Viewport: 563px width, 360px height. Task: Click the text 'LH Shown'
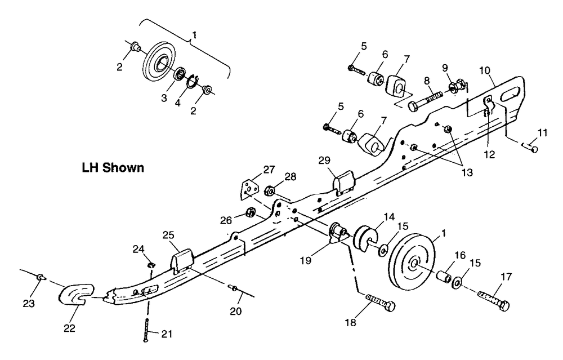tap(113, 168)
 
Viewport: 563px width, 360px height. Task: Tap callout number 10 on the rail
tap(484, 70)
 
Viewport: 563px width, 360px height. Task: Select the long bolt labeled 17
tap(494, 300)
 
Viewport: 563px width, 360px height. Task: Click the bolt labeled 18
tap(380, 302)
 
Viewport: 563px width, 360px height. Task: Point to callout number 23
tap(29, 304)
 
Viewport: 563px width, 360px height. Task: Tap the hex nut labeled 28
tap(269, 190)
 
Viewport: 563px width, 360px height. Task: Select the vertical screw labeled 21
tap(146, 330)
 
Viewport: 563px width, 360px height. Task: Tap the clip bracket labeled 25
tap(183, 261)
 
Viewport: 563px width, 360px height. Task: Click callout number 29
tap(324, 160)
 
